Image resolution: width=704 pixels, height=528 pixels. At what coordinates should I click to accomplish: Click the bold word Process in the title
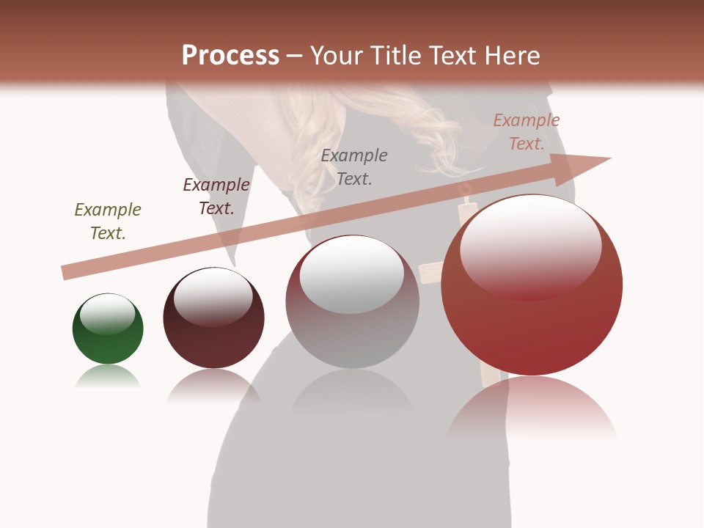pos(230,56)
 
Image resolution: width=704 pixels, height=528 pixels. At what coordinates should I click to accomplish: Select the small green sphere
pos(108,337)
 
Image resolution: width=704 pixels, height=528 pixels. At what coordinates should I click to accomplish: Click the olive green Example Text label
pos(108,221)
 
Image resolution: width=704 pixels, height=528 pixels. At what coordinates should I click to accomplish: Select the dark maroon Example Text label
pos(216,197)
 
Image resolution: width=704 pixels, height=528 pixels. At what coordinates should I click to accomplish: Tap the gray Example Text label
pos(354,166)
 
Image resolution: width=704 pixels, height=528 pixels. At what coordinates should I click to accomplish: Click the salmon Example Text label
pos(527,132)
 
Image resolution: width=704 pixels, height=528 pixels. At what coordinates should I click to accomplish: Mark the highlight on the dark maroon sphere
pos(213,296)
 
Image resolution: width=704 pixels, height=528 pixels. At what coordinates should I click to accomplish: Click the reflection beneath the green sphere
pos(108,377)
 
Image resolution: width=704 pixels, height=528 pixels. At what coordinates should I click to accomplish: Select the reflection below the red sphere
pos(532,407)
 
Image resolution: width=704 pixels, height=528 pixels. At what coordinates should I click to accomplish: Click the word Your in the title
pos(337,56)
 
